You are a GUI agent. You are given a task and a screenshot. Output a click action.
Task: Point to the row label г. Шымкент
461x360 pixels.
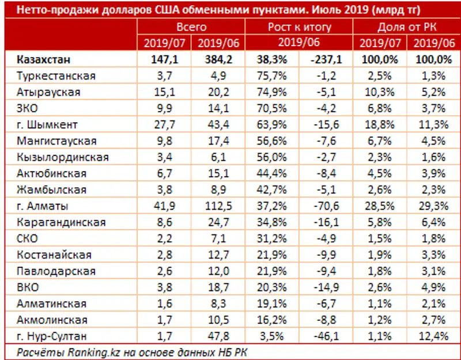[x=47, y=124]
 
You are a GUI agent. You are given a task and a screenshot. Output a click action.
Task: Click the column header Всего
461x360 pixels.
[x=192, y=27]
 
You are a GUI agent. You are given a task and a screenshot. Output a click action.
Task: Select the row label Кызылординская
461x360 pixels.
[x=60, y=157]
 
